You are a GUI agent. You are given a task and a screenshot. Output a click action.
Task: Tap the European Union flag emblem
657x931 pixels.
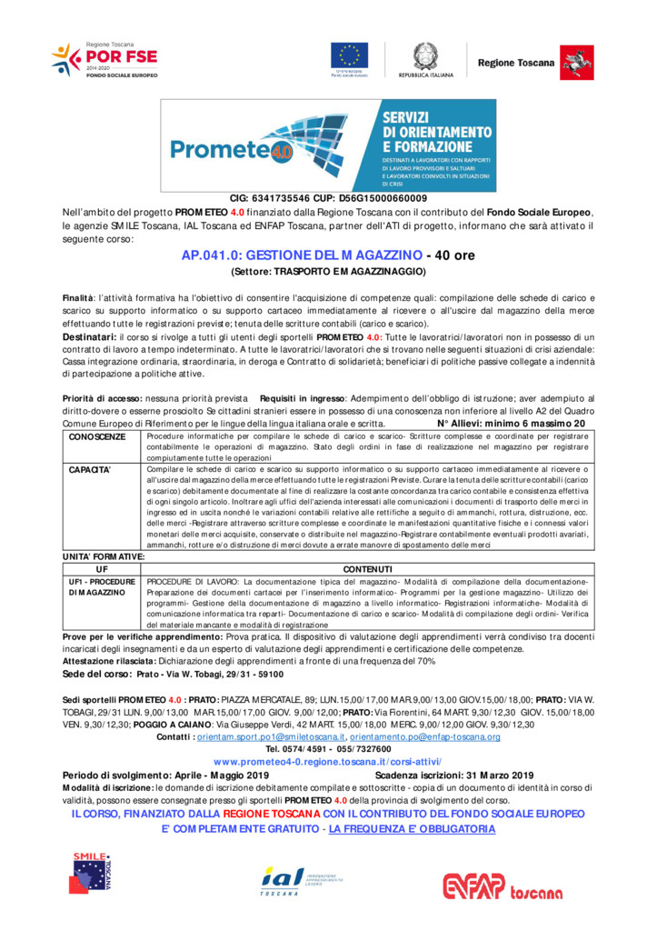(x=349, y=55)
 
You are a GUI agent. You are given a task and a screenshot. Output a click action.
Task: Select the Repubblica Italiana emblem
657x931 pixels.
(x=424, y=55)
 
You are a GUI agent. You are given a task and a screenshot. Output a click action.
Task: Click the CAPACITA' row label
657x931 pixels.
(x=90, y=470)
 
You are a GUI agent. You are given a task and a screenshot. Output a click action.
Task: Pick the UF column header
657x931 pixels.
(x=101, y=568)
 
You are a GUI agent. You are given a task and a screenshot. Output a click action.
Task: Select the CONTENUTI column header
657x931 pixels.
(x=367, y=568)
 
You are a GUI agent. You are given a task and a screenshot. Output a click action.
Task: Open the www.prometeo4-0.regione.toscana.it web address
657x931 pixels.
(x=328, y=760)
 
